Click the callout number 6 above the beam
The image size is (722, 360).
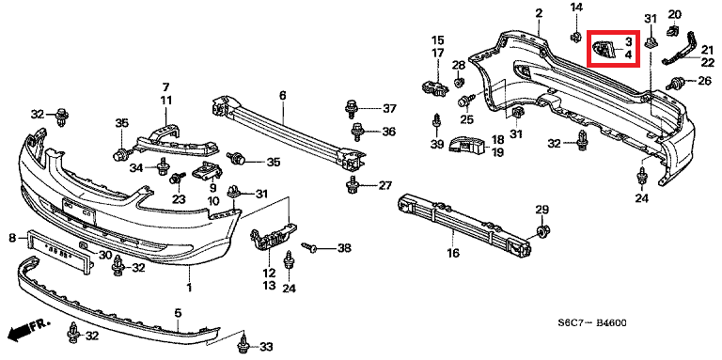pos(282,96)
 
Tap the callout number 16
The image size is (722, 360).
pos(453,253)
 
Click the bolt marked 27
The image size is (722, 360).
pos(353,185)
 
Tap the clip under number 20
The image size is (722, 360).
pos(673,31)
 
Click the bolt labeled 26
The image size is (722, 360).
pos(675,84)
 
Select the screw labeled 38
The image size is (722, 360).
pos(310,247)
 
